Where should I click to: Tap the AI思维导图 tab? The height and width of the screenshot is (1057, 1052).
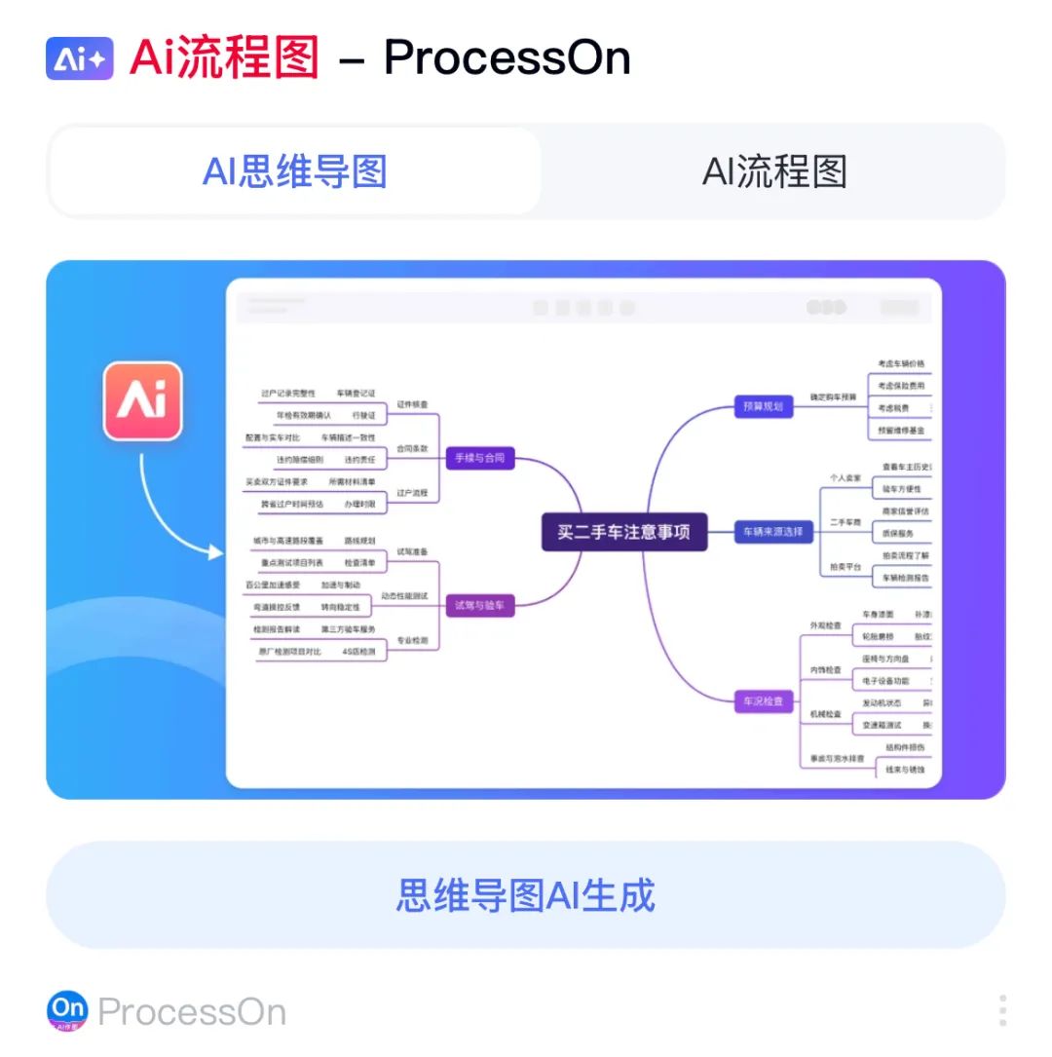point(295,171)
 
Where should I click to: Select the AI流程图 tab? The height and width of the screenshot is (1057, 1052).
point(774,171)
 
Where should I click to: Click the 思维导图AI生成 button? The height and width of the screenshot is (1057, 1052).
point(526,894)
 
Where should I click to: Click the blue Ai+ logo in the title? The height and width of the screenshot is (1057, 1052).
point(80,58)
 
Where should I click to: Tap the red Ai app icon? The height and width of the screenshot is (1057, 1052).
point(143,400)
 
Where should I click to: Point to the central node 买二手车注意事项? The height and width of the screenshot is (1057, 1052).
point(623,532)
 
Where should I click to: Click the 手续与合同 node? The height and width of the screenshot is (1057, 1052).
point(479,457)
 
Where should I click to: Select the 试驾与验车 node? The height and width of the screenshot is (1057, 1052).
point(479,605)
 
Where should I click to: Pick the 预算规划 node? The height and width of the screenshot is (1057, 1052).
point(763,406)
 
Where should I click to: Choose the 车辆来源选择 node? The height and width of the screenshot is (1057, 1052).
point(773,532)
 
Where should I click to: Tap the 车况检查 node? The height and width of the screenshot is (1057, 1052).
point(764,700)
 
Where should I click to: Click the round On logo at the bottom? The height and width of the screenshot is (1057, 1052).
point(67,1011)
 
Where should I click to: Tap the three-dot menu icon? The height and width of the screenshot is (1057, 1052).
point(1002,1010)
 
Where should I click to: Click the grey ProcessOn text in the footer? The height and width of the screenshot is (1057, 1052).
point(192,1012)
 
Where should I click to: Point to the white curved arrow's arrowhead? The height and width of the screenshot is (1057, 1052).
point(217,552)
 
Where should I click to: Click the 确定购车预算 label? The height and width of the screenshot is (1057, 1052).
point(833,397)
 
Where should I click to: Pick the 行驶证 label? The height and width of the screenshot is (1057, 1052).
point(363,415)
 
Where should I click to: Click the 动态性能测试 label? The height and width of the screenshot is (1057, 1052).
point(403,595)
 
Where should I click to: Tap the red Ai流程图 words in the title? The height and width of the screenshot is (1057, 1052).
point(225,57)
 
